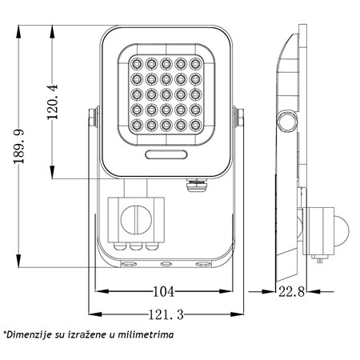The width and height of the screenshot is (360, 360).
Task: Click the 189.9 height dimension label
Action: (19, 146)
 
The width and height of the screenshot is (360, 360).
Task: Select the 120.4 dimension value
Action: (52, 102)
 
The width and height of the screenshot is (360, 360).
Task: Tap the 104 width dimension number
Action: (163, 291)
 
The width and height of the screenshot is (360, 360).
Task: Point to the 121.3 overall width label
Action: (166, 314)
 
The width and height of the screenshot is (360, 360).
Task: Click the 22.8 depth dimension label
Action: (291, 291)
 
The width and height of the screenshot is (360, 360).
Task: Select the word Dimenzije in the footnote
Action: (29, 334)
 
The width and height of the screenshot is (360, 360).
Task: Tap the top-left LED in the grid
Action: (137, 64)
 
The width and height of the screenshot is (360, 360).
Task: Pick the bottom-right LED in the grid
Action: (195, 124)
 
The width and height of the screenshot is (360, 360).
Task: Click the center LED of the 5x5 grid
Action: (166, 94)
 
